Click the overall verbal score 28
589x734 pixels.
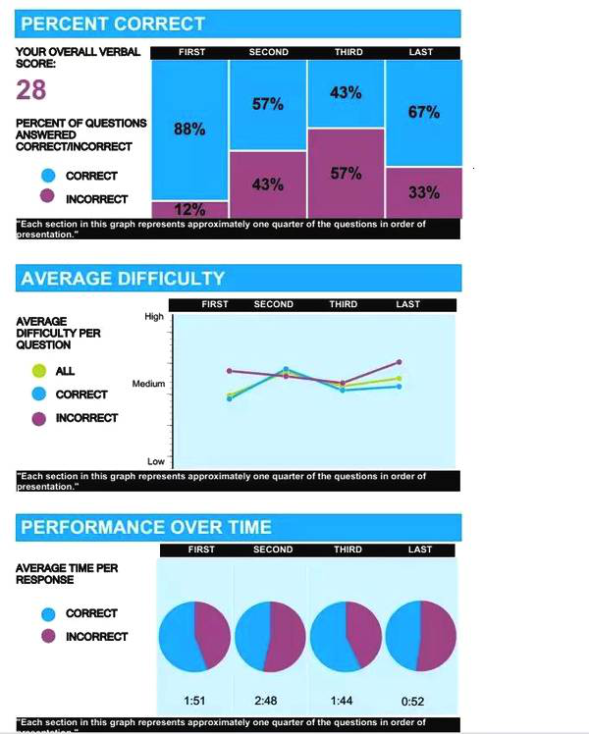click(31, 90)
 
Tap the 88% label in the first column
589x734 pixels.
click(188, 131)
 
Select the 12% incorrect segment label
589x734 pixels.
click(189, 209)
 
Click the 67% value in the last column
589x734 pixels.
click(423, 113)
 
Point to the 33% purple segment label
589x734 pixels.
click(423, 192)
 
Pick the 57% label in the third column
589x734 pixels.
click(346, 174)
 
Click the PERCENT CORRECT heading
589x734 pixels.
click(113, 25)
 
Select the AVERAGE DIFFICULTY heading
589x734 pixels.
click(123, 279)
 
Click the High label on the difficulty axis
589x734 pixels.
click(154, 317)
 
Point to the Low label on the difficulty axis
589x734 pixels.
click(155, 461)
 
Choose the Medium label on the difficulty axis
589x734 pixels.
click(148, 384)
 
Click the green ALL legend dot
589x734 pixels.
click(39, 371)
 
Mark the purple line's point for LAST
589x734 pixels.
click(400, 362)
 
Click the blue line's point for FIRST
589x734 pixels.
click(229, 398)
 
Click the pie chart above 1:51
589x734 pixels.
click(194, 636)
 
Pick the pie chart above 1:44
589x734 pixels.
click(346, 636)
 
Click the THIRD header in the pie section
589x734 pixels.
click(347, 550)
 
